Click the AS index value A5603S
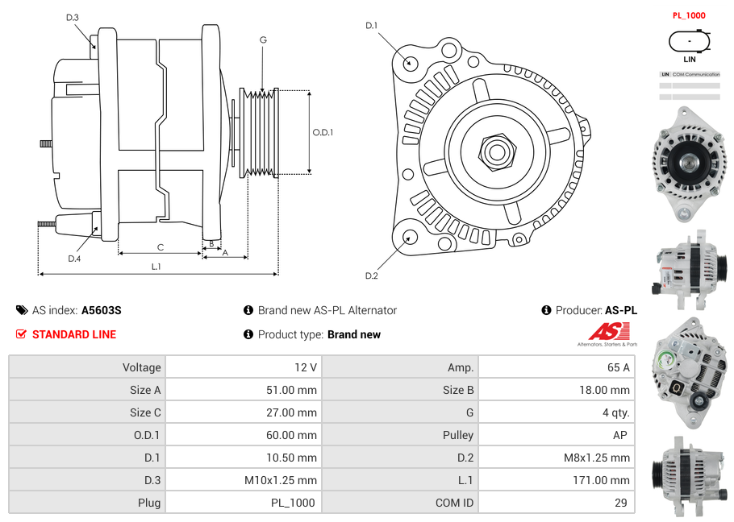tap(101, 310)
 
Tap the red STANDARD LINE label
tap(73, 334)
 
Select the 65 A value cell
tap(618, 367)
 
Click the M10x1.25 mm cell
tap(281, 480)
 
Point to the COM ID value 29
tap(622, 503)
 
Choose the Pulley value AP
tap(621, 435)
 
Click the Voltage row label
tap(141, 367)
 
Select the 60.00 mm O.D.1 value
tap(294, 435)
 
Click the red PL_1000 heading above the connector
tap(689, 15)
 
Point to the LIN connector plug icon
tap(690, 40)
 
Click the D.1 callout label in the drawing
tap(371, 26)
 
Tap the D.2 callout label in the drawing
tap(371, 276)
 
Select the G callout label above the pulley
tap(263, 39)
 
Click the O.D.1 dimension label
tap(323, 133)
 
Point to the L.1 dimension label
tap(156, 267)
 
